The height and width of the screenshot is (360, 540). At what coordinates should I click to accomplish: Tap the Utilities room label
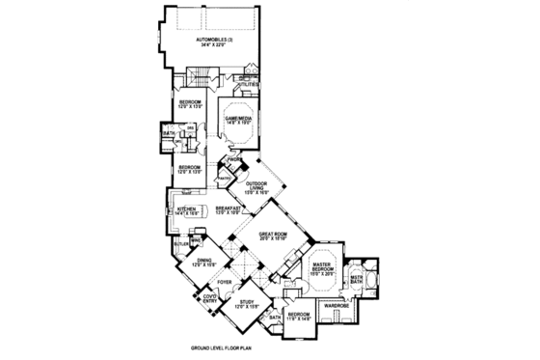[x=249, y=85]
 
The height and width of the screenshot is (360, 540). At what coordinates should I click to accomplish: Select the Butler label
[x=180, y=244]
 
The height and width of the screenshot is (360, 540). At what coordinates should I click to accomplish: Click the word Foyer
[x=224, y=282]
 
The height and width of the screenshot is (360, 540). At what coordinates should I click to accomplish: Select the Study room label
[x=250, y=303]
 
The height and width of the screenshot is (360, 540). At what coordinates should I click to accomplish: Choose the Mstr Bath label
[x=358, y=278]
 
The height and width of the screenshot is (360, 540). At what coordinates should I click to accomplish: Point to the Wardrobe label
[x=337, y=306]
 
